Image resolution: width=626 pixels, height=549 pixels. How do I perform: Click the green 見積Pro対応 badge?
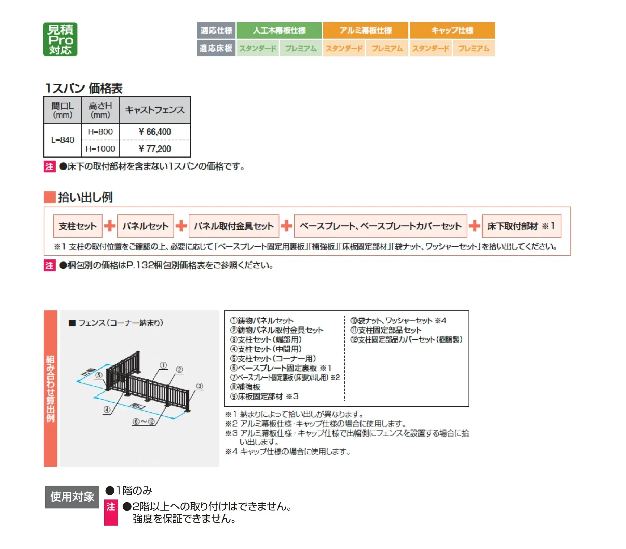[x=60, y=39]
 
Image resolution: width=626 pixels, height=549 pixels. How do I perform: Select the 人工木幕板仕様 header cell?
[x=279, y=30]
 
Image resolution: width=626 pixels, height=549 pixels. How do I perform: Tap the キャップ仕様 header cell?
[x=452, y=30]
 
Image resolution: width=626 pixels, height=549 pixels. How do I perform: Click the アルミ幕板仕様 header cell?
[x=365, y=30]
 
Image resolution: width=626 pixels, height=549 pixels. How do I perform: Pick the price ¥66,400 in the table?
[x=155, y=132]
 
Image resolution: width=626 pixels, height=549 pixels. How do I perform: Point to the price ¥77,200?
[x=155, y=149]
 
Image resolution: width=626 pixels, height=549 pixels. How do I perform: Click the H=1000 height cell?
[x=100, y=149]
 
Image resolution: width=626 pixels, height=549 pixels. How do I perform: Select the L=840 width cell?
[x=63, y=140]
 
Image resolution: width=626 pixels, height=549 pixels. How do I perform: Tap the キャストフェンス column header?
[x=155, y=110]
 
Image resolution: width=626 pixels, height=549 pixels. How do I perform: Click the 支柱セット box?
[x=78, y=226]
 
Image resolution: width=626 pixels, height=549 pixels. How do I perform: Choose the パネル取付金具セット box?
[x=234, y=226]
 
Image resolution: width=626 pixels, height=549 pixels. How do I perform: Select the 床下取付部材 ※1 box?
[x=521, y=226]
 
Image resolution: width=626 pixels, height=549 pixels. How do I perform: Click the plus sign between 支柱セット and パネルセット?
[x=110, y=226]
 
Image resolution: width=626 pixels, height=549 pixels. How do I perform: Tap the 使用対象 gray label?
[x=72, y=497]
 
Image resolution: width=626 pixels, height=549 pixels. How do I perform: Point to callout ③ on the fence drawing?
[x=200, y=386]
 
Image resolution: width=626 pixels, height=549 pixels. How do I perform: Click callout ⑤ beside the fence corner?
[x=99, y=375]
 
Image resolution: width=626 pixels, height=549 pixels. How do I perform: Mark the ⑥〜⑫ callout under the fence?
[x=144, y=421]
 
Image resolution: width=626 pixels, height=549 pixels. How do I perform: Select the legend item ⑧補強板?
[x=245, y=387]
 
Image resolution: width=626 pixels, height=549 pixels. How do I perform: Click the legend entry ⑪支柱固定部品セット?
[x=386, y=330]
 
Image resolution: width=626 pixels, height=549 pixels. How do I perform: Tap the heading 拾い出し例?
[x=85, y=197]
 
